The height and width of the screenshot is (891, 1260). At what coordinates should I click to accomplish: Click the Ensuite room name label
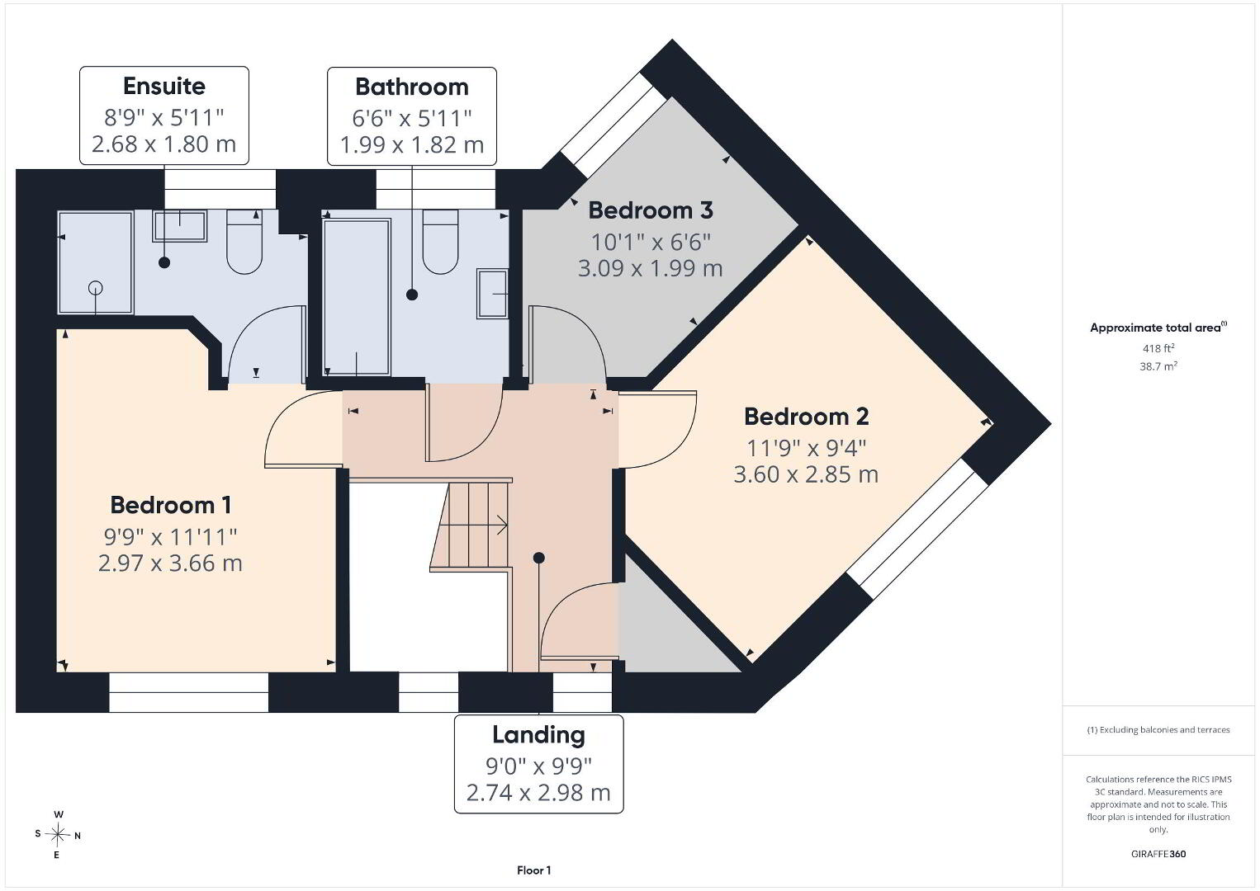click(164, 87)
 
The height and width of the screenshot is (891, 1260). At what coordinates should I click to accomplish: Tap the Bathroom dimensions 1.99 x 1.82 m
click(412, 145)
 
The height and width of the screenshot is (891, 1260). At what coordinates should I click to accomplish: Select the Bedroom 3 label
click(651, 210)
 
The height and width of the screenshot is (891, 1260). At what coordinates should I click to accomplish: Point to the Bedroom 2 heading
click(806, 417)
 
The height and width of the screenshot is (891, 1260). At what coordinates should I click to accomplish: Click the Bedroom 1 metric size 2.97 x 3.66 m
click(170, 563)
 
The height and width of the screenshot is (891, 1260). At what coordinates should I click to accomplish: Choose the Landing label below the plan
click(539, 735)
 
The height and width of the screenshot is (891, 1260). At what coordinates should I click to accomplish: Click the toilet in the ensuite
click(244, 242)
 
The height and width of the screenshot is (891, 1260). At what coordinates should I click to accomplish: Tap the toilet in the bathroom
click(440, 242)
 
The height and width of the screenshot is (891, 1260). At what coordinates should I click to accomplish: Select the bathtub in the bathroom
click(357, 297)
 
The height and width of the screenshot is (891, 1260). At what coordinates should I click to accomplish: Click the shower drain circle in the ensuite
click(96, 288)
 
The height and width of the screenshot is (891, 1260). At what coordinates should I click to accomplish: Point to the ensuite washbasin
click(179, 226)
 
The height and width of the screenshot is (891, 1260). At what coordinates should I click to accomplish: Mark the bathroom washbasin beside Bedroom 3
click(492, 294)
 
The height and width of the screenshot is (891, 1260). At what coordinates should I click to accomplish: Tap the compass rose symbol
click(57, 835)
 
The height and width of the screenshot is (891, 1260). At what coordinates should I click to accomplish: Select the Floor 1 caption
click(534, 870)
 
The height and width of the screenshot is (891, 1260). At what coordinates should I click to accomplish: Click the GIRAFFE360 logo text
click(1158, 854)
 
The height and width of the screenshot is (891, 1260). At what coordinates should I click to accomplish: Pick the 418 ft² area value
click(1158, 348)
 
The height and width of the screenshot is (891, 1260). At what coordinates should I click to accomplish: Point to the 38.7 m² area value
click(1158, 366)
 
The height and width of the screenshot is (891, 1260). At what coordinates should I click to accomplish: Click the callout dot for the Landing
click(539, 558)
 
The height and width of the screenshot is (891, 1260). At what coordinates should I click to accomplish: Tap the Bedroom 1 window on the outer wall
click(188, 692)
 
